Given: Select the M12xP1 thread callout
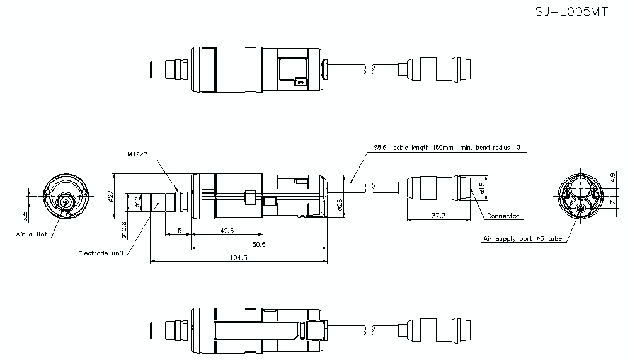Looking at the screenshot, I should coord(139,154).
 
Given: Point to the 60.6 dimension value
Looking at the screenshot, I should coord(258,243).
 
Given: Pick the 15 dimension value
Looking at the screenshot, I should coord(178,230).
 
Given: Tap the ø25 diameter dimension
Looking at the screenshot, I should coord(340,205).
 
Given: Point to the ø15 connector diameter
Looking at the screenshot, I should coord(483,188).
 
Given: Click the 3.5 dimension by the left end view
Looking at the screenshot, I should coord(25,216).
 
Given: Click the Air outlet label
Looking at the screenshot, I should coord(31,235).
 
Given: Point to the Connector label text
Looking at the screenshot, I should coord(503,216).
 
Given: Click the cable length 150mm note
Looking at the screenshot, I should coord(447,148).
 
